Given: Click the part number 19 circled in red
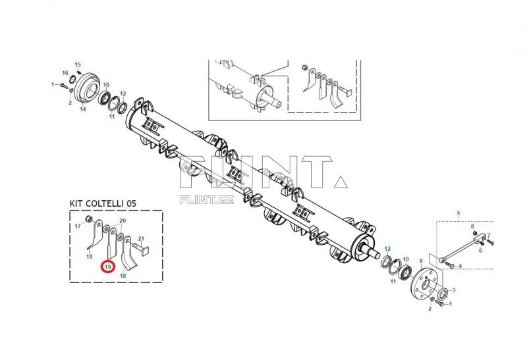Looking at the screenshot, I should (107, 267).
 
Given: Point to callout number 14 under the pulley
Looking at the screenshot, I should (83, 109).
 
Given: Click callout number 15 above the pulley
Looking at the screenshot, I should (78, 64).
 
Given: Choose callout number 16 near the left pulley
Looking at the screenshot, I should (65, 73).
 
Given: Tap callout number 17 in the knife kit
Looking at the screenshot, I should (77, 226).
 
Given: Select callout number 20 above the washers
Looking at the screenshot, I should (122, 220).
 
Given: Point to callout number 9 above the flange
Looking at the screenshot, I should (421, 262).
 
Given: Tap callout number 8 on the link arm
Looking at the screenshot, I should (473, 226).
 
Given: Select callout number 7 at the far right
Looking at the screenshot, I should (489, 235).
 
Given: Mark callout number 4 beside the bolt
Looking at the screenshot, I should (460, 266).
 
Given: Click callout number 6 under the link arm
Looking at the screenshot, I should (480, 250).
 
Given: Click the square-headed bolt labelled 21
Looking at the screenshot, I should (142, 249).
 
